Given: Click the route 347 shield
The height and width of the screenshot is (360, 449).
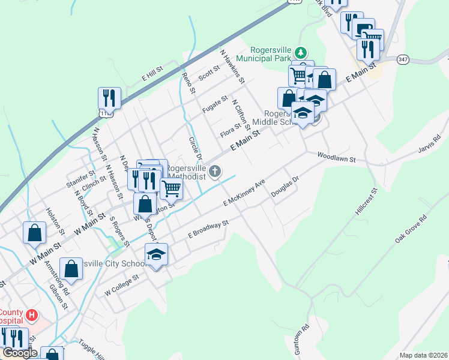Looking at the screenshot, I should tap(403, 59).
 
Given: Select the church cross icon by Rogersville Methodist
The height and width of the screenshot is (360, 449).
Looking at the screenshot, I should tap(215, 173).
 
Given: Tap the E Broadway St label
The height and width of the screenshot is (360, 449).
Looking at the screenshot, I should tap(208, 229).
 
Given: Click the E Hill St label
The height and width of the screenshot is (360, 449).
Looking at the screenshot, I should tap(152, 75).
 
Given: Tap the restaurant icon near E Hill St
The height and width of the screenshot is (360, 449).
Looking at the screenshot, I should tap(109, 97).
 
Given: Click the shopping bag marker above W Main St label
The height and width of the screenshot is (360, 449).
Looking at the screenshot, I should tap(35, 232).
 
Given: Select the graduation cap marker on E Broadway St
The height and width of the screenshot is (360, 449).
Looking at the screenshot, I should tap(156, 254).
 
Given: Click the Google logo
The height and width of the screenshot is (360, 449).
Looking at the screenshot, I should tap(20, 353).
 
